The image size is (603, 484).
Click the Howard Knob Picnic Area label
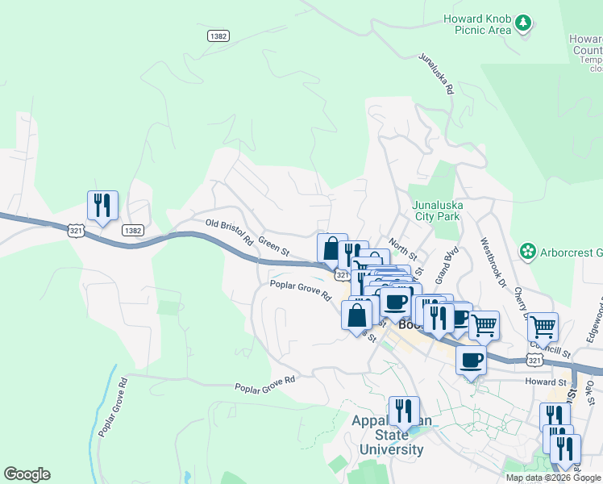point(477,24)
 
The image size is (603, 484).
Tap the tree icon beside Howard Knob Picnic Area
point(524,23)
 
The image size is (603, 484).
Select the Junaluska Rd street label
point(436,74)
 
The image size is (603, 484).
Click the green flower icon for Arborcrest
point(528,252)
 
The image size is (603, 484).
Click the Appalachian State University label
point(387,436)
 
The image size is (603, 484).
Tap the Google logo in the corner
point(27,474)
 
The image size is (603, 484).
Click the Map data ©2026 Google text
point(553,478)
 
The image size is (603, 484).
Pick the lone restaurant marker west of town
point(102,206)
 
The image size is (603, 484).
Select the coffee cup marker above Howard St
point(471,360)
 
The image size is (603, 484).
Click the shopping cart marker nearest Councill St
point(543,326)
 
